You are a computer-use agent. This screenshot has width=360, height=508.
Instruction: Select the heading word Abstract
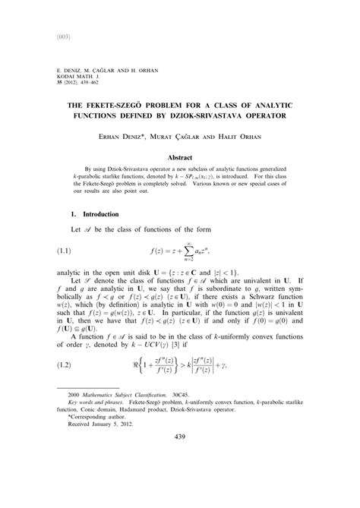tap(180, 157)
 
